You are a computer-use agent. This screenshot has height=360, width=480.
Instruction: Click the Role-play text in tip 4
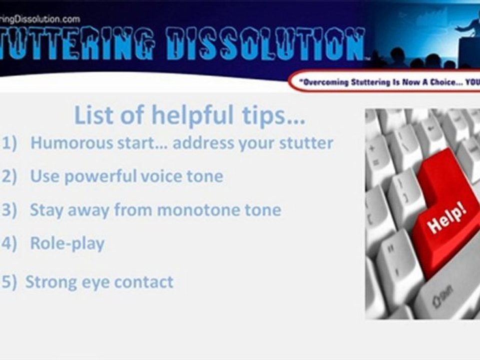(67, 243)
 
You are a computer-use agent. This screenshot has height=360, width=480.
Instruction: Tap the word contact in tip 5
(144, 282)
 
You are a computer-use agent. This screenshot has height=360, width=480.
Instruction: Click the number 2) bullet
(9, 176)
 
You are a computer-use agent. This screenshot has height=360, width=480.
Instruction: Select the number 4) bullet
(9, 243)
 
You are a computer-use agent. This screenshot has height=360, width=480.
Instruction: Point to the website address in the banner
(40, 19)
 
